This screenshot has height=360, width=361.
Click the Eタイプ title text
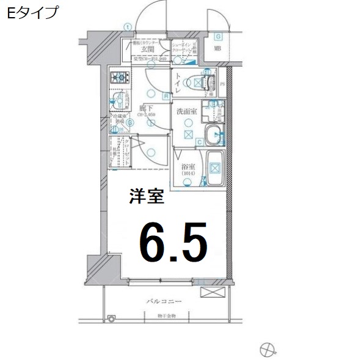34,12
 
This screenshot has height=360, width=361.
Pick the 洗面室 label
186,112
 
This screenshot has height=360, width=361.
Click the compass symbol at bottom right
266,350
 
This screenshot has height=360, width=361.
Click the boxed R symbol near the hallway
166,96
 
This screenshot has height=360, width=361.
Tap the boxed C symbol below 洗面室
200,142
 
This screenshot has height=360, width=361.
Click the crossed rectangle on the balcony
214,292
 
